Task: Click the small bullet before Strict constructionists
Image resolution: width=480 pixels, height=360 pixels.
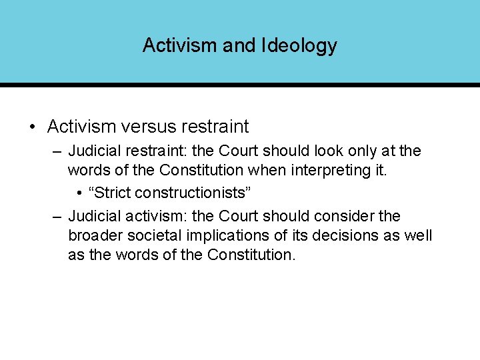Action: (79, 193)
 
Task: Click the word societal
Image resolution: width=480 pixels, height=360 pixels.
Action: (158, 236)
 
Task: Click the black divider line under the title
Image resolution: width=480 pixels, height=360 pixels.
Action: (240, 85)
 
